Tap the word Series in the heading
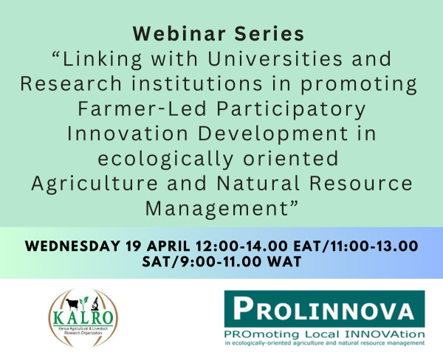(x=269, y=34)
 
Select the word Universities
(x=275, y=59)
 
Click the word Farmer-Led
(x=142, y=109)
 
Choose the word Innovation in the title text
(x=128, y=134)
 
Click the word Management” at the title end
(x=222, y=210)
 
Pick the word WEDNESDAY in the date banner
(x=73, y=246)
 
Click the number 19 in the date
(x=133, y=246)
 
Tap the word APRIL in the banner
(x=168, y=246)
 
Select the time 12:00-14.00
(x=242, y=246)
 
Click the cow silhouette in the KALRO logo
(x=72, y=304)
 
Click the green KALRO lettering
(x=83, y=318)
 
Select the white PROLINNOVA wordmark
(x=324, y=309)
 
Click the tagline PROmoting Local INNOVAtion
(x=324, y=335)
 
